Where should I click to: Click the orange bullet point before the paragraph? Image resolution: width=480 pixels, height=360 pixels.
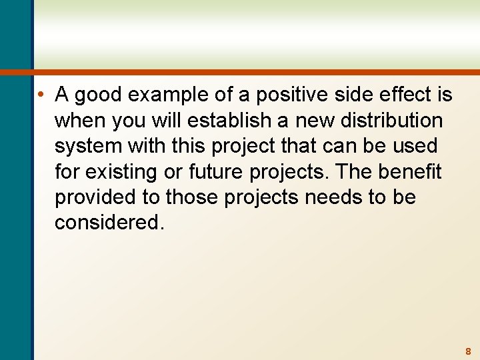click(41, 95)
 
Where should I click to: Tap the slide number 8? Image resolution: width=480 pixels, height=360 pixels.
click(468, 351)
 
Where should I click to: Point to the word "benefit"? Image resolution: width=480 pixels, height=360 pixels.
click(410, 172)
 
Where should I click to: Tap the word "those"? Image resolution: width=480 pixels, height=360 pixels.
click(191, 197)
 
